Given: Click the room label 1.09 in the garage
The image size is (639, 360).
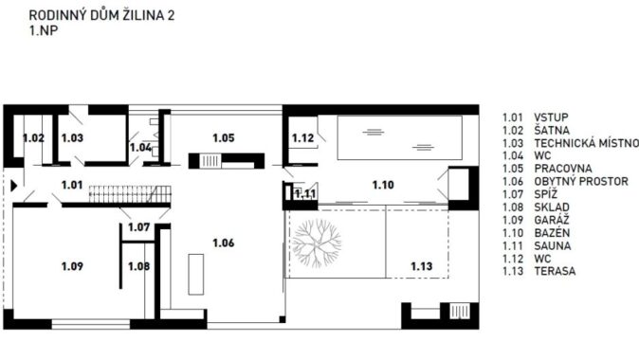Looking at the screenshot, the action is [x=72, y=266].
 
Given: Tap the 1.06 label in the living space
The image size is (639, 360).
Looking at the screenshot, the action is [x=224, y=243].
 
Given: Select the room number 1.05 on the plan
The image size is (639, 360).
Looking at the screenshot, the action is [x=224, y=138].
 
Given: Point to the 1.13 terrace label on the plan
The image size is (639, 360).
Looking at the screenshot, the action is [x=421, y=266].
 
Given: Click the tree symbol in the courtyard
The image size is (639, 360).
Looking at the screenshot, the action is [x=317, y=243].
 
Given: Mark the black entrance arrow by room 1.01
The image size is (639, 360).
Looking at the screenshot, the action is [x=14, y=186].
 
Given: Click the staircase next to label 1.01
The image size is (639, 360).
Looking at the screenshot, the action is [x=130, y=194].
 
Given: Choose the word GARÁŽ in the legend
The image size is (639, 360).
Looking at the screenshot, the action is [x=552, y=221].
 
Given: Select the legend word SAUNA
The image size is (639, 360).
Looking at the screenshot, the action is [x=553, y=246].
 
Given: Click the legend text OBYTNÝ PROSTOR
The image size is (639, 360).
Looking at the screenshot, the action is [x=581, y=181].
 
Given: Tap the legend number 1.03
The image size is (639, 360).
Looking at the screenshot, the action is [x=513, y=143].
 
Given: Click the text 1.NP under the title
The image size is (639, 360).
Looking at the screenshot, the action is [x=44, y=30].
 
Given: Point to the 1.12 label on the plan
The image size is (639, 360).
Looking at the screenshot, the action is [x=302, y=138].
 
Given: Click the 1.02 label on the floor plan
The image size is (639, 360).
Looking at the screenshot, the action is [x=33, y=138].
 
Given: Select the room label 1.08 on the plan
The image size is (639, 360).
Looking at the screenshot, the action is [x=139, y=266].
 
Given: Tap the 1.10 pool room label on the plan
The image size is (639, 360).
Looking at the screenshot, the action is [x=383, y=185].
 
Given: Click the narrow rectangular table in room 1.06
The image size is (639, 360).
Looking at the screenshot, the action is [x=196, y=274].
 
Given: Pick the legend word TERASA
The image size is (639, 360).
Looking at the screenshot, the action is [x=555, y=271].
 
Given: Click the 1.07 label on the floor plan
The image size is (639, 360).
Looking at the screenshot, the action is [x=139, y=226].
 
